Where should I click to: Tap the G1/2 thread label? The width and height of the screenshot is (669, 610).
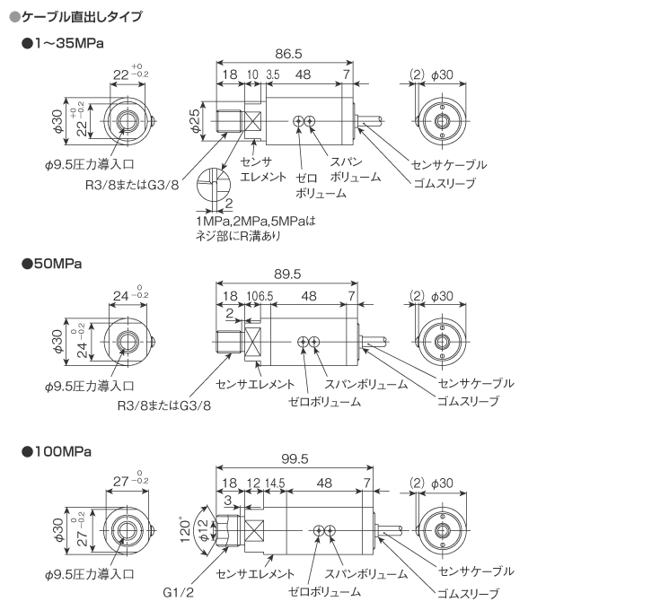[x=178, y=593]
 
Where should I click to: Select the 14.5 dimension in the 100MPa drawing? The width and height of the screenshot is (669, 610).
[x=275, y=484]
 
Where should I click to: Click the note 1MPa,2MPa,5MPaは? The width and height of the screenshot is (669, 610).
[x=256, y=220]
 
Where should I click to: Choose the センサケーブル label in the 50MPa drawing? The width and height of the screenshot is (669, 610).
[x=476, y=383]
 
